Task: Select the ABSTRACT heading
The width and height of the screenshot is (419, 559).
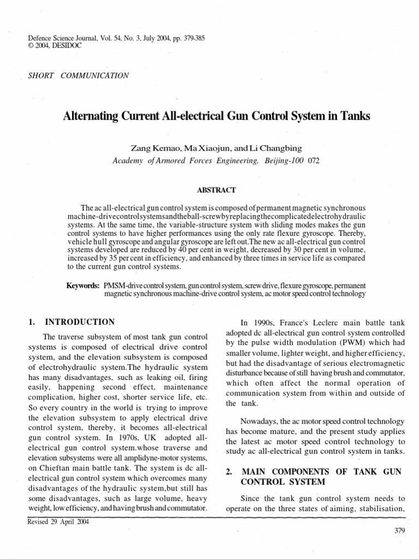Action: point(216,190)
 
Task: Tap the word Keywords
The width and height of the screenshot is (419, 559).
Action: point(82,286)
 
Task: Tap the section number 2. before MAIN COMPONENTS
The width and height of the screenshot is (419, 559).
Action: point(229,471)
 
